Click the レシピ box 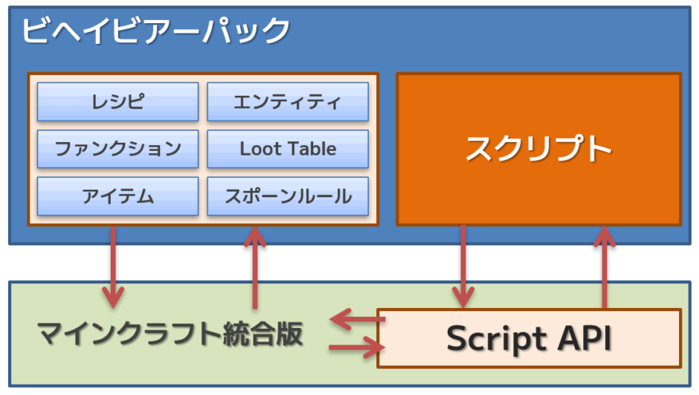point(117,102)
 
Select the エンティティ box point(287,102)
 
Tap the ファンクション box point(117,149)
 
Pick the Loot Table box point(287,149)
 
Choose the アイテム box point(117,196)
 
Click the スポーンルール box point(287,196)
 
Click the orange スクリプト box point(538,149)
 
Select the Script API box point(529,338)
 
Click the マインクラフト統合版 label point(170,335)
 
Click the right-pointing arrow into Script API point(353,347)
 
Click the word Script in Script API point(495,339)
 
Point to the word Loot point(258,149)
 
